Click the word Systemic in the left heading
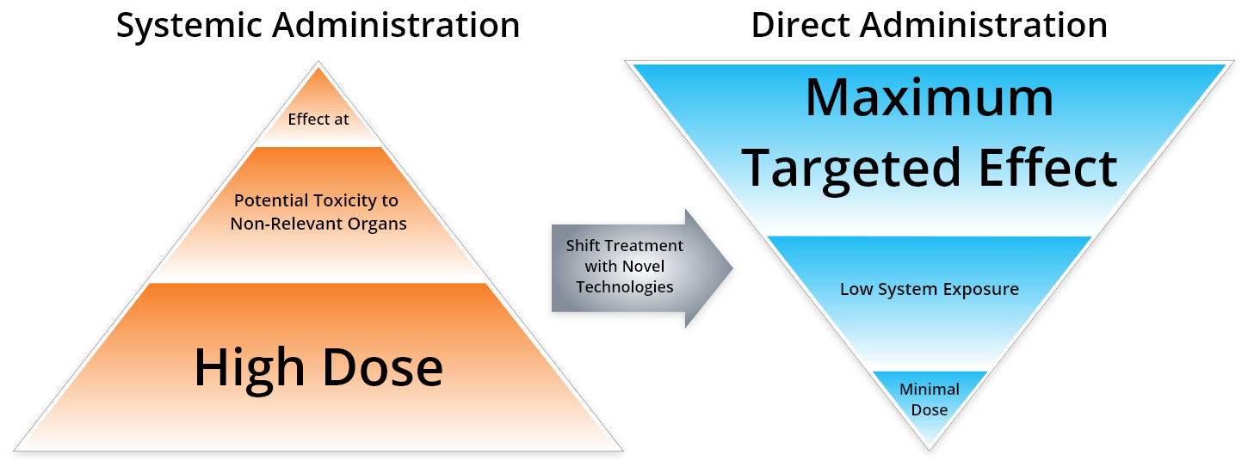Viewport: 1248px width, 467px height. tap(188, 26)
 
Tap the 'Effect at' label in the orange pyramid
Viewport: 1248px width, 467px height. tap(318, 120)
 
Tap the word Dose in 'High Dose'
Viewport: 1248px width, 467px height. tap(382, 367)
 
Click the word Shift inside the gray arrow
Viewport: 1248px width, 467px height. tap(584, 245)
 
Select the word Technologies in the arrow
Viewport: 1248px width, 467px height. tap(625, 287)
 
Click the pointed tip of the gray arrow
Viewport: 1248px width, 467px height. tap(732, 267)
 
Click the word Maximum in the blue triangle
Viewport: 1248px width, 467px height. tap(930, 98)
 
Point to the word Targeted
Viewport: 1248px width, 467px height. tap(850, 168)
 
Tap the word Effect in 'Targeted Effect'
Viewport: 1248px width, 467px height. tap(1047, 167)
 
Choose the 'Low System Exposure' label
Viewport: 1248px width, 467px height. tap(930, 290)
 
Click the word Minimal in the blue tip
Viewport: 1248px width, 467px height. tap(930, 389)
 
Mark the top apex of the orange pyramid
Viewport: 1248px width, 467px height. tap(318, 62)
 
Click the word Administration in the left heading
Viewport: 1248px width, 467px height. tap(396, 26)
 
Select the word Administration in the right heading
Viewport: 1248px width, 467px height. tap(984, 25)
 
